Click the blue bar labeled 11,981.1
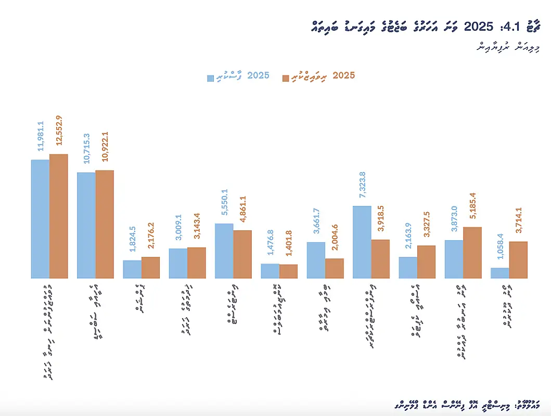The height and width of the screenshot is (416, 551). click(40, 219)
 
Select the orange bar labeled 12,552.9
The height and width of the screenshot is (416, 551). click(59, 216)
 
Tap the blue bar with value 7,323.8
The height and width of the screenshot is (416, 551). click(362, 242)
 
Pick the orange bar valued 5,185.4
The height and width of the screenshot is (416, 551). click(472, 253)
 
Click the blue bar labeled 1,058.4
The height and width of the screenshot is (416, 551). click(499, 273)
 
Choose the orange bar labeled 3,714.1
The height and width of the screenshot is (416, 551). click(518, 260)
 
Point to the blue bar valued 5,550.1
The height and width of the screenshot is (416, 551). click(224, 251)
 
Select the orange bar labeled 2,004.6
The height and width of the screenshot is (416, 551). click(335, 268)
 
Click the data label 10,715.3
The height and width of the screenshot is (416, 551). click(87, 150)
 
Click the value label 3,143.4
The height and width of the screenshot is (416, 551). click(197, 229)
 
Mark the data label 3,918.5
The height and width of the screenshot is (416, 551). click(381, 220)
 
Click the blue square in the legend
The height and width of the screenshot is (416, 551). click(211, 78)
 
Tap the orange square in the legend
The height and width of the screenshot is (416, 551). click(285, 78)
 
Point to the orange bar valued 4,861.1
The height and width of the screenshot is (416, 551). click(242, 254)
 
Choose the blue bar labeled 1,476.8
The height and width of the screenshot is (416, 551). click(270, 271)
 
